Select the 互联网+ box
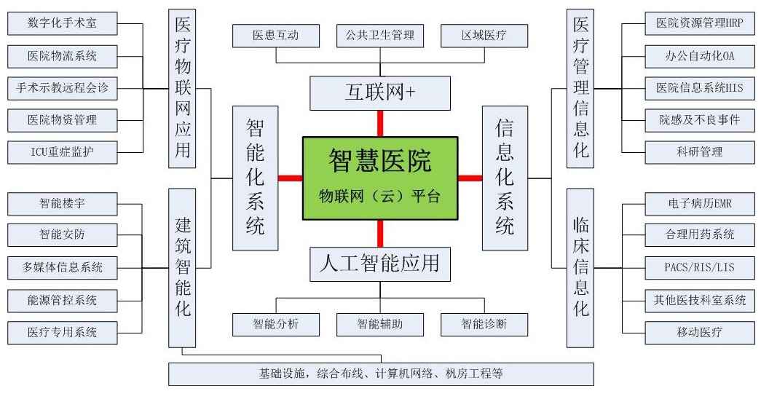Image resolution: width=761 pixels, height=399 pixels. [x=379, y=92]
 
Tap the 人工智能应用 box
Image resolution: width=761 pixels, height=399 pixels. [x=379, y=264]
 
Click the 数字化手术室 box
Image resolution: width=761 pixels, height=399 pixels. [x=62, y=23]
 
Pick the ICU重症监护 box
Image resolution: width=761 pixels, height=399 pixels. [x=62, y=151]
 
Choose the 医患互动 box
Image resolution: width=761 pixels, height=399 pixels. [x=276, y=34]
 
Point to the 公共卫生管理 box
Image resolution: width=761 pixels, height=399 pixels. [x=380, y=34]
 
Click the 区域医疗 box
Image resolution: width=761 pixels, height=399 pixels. [x=484, y=34]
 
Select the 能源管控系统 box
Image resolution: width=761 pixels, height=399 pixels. [x=62, y=299]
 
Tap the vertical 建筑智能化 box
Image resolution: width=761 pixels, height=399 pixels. [x=183, y=267]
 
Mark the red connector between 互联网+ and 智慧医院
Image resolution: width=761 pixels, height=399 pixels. [x=379, y=123]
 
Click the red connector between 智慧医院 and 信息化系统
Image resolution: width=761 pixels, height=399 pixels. [x=470, y=178]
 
